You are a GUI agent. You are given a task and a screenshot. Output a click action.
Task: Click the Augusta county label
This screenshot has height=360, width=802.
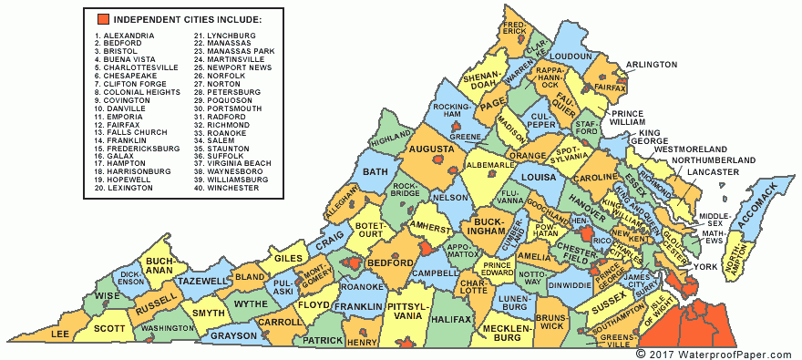431,149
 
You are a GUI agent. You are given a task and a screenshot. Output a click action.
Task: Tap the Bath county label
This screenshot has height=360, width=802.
375,171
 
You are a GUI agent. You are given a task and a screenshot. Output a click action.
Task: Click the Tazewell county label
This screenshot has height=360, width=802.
200,282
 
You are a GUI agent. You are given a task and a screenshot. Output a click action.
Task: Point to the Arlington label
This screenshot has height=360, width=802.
651,65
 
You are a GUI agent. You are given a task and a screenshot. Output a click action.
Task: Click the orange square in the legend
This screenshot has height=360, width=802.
101,19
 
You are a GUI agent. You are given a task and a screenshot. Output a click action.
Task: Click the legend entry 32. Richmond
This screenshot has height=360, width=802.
221,124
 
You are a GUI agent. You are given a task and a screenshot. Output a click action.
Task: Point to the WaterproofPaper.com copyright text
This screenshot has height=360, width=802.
715,353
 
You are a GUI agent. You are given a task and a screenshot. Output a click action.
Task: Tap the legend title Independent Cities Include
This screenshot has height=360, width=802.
188,19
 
